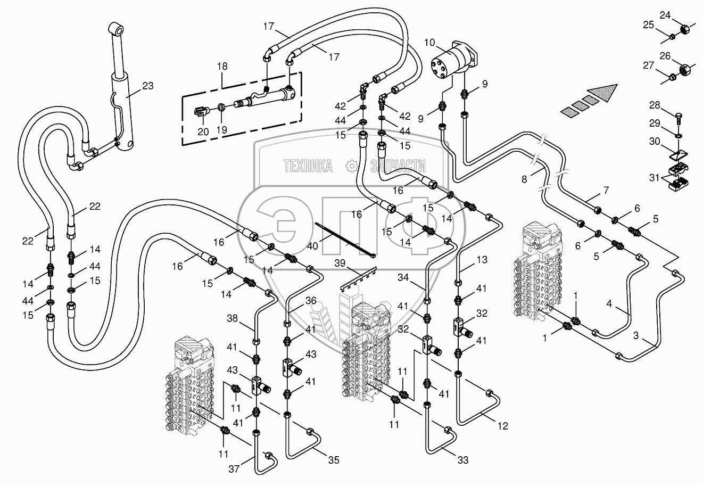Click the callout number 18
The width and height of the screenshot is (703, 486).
[222, 67]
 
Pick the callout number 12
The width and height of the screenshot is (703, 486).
[503, 426]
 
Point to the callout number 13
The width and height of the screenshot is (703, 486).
[482, 260]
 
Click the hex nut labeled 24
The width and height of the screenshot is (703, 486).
[685, 27]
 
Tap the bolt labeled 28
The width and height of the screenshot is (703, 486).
[679, 114]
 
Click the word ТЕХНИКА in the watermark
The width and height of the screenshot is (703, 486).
[308, 167]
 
